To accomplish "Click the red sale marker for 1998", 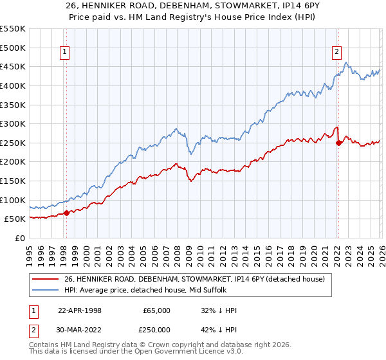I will pyautogui.click(x=66, y=213).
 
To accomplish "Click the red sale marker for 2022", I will pyautogui.click(x=338, y=143).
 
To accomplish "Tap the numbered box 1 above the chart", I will pyautogui.click(x=66, y=53).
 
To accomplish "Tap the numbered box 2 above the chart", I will pyautogui.click(x=336, y=53).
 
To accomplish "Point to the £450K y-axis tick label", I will pyautogui.click(x=13, y=67).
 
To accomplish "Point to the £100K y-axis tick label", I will pyautogui.click(x=13, y=200).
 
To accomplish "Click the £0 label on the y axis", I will pyautogui.click(x=19, y=238).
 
